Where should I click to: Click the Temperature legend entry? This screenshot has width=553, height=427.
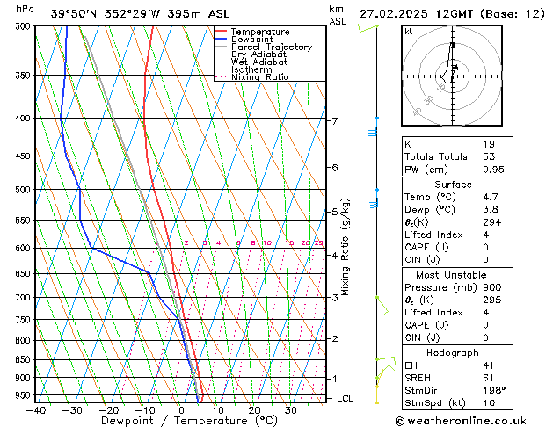261,32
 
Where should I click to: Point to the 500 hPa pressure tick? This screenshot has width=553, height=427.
24,189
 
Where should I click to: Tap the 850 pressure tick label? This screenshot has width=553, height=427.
24,359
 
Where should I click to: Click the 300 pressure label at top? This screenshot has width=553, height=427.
24,26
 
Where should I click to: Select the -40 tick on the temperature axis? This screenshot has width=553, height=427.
36,410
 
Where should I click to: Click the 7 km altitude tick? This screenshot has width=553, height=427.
334,120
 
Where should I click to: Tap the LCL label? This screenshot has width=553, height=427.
346,398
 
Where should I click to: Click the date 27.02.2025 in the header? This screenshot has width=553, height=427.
394,13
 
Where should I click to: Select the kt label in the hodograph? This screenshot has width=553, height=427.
408,32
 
